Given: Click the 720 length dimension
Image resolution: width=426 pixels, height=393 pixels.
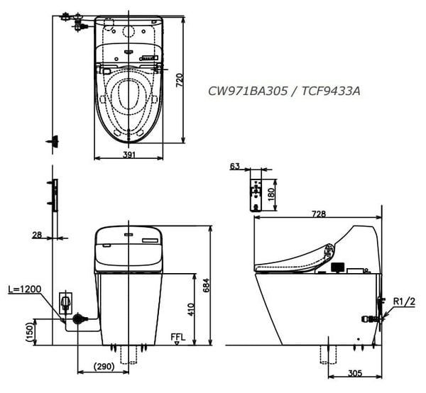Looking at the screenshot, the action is (180, 80).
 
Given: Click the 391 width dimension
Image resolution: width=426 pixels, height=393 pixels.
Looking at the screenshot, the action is (129, 155).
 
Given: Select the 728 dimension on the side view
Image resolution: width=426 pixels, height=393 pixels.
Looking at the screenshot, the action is (319, 214).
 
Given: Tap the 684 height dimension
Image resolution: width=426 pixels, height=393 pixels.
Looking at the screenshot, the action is (207, 285).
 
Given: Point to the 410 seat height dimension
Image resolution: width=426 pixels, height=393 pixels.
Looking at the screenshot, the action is (191, 309).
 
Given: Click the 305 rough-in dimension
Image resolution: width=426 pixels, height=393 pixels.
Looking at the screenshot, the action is (355, 373).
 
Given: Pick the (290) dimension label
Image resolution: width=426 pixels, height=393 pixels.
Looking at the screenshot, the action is (104, 367).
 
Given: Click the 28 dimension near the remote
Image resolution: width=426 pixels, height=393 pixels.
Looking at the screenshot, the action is (37, 235).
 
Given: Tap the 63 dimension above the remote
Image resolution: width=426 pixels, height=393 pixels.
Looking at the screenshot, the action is (235, 166).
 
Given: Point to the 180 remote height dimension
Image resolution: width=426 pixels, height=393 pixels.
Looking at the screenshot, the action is (271, 194).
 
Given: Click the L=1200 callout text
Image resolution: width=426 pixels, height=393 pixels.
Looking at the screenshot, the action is (24, 289).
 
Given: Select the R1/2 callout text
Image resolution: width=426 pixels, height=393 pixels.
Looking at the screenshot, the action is (404, 301).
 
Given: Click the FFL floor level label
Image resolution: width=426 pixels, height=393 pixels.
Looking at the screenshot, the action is (178, 338).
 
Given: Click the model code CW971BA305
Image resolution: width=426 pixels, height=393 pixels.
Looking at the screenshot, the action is (248, 92).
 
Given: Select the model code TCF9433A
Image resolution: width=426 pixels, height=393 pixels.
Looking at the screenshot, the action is (331, 92).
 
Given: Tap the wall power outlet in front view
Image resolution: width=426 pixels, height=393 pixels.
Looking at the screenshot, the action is (66, 303).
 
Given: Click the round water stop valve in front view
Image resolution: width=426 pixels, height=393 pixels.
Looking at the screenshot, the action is (78, 319).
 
